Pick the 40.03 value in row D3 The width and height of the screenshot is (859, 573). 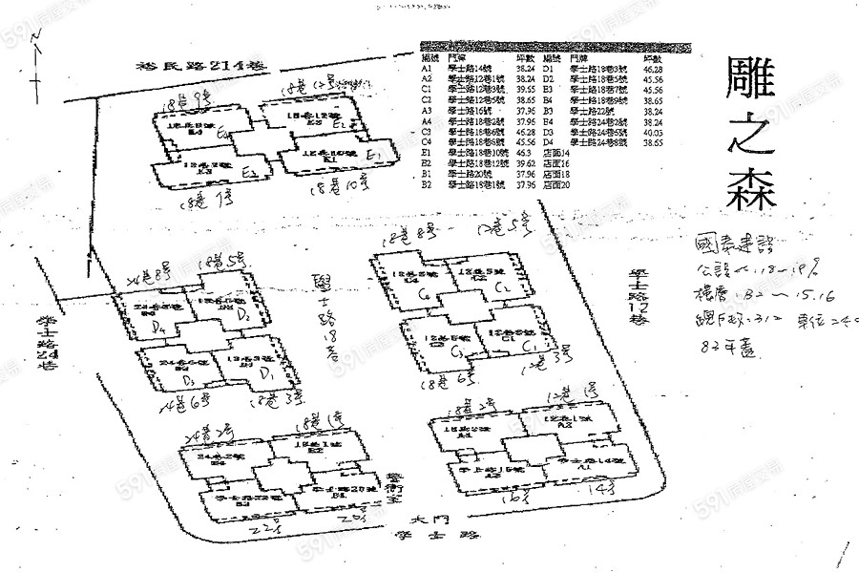coord(654,134)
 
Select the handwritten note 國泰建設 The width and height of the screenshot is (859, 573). coord(736,244)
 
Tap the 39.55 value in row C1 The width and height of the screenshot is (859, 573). coord(524,89)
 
